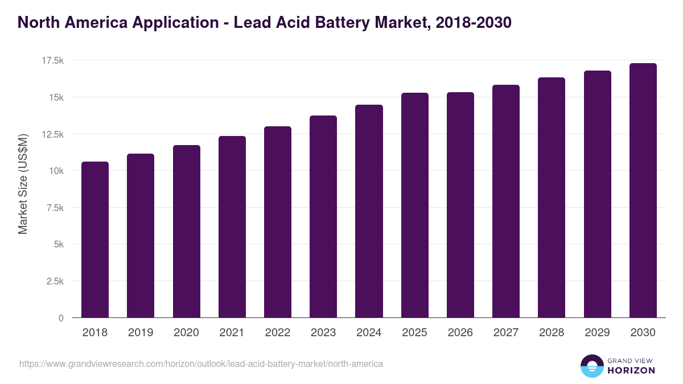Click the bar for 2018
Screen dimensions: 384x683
pyautogui.click(x=95, y=240)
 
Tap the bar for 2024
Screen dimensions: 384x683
pyautogui.click(x=369, y=211)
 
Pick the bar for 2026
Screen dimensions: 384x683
pyautogui.click(x=460, y=205)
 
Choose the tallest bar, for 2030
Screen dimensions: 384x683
pyautogui.click(x=643, y=190)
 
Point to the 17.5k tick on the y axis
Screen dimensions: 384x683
pyautogui.click(x=51, y=60)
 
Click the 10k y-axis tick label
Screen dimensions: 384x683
pyautogui.click(x=55, y=171)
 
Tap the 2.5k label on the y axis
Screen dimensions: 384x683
pyautogui.click(x=54, y=281)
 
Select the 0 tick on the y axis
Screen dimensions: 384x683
pyautogui.click(x=61, y=318)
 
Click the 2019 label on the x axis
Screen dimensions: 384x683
pyautogui.click(x=141, y=333)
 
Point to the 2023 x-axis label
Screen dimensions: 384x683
pyautogui.click(x=323, y=333)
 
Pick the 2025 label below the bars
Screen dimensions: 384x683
pyautogui.click(x=414, y=333)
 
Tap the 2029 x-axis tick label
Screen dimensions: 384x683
pyautogui.click(x=597, y=333)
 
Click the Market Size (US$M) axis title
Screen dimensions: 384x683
pyautogui.click(x=23, y=183)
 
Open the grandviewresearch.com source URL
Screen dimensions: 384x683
pyautogui.click(x=201, y=364)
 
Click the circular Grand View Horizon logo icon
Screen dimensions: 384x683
pyautogui.click(x=591, y=366)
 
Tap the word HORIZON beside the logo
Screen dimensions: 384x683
pyautogui.click(x=631, y=370)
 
